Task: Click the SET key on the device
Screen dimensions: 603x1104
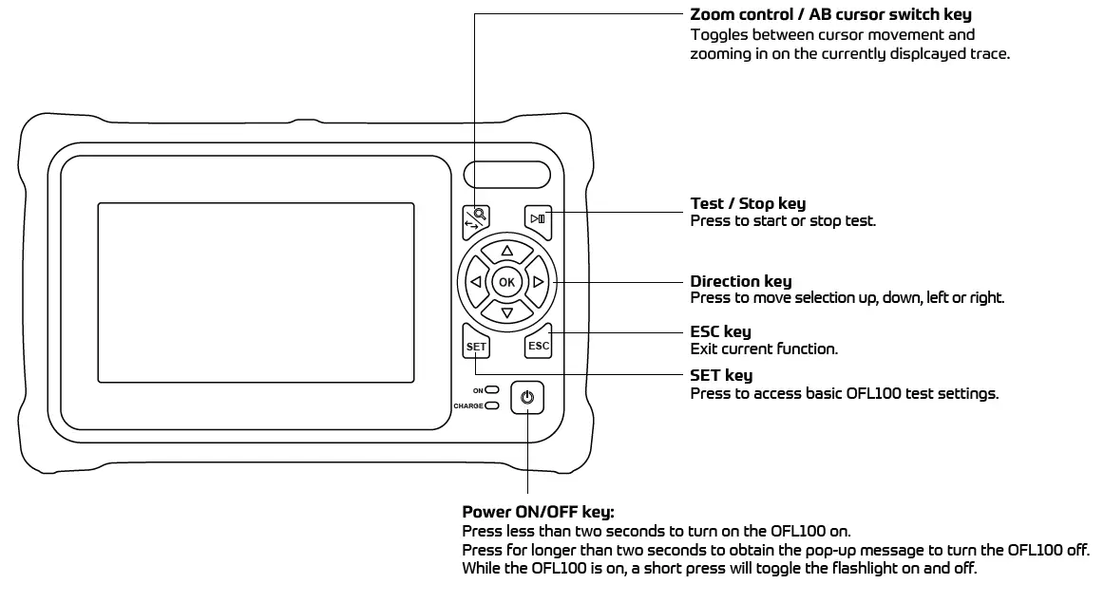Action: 476,346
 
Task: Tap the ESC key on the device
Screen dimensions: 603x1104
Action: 539,346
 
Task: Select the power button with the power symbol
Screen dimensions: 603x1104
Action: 527,399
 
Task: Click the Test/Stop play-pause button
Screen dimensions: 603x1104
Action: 539,219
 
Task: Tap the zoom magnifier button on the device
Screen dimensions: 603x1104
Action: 475,219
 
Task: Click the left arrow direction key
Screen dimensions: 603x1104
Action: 475,282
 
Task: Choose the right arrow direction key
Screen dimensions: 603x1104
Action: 538,282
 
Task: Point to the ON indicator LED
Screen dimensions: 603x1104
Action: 493,390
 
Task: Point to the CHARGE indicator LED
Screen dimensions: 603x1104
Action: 492,406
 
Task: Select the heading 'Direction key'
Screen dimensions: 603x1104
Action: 740,282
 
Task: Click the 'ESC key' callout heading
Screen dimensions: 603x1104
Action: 720,331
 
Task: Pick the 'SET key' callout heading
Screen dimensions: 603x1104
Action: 720,376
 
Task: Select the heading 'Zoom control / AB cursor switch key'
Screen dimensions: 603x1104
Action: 830,15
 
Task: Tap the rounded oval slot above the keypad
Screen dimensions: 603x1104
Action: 507,176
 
